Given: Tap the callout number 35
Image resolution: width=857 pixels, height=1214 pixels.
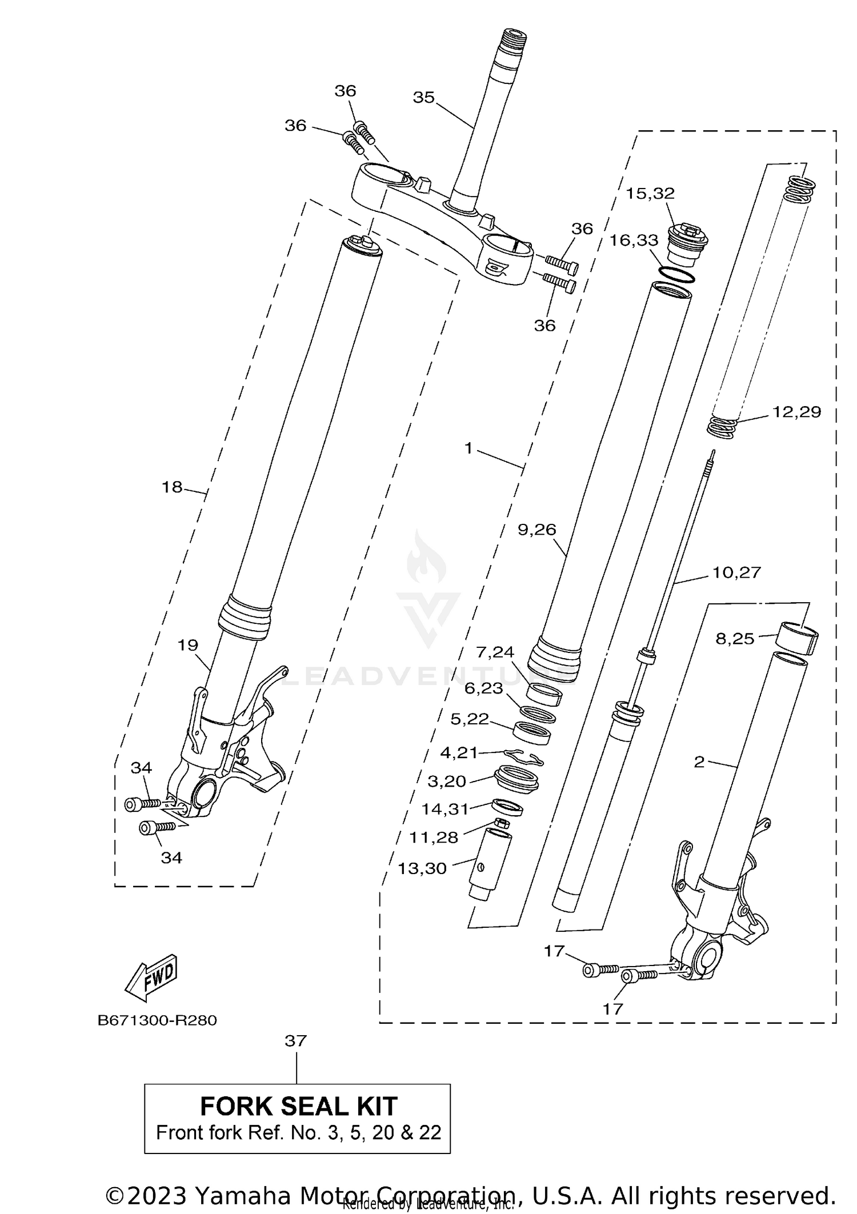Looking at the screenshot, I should tap(423, 98).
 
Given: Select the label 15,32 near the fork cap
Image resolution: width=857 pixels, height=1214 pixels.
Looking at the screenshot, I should tap(650, 193).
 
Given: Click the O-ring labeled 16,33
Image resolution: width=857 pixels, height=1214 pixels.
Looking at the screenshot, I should tap(676, 274).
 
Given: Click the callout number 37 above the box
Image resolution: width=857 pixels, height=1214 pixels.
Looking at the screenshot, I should tap(296, 1041).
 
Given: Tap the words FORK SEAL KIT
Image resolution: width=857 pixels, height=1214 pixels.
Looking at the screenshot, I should tap(298, 1107).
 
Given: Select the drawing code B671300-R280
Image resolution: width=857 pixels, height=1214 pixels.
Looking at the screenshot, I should tap(157, 1020).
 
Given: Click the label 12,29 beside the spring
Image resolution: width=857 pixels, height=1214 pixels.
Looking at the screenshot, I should tap(796, 412).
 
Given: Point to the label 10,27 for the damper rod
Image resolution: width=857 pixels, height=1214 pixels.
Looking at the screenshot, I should tap(736, 572).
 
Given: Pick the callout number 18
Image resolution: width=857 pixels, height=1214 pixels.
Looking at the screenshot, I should tap(172, 487).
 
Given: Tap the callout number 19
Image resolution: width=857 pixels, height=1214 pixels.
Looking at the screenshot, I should tap(187, 645).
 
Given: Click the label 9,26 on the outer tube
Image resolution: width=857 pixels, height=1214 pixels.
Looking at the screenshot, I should tap(536, 530).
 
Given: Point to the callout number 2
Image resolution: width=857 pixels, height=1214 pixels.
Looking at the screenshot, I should tap(699, 762).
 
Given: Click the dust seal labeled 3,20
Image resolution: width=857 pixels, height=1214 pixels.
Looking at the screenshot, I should tap(516, 779).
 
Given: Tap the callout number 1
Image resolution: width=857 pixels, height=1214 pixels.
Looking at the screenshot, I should tap(468, 448).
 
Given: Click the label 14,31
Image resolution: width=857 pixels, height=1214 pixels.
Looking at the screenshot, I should tap(445, 809).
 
